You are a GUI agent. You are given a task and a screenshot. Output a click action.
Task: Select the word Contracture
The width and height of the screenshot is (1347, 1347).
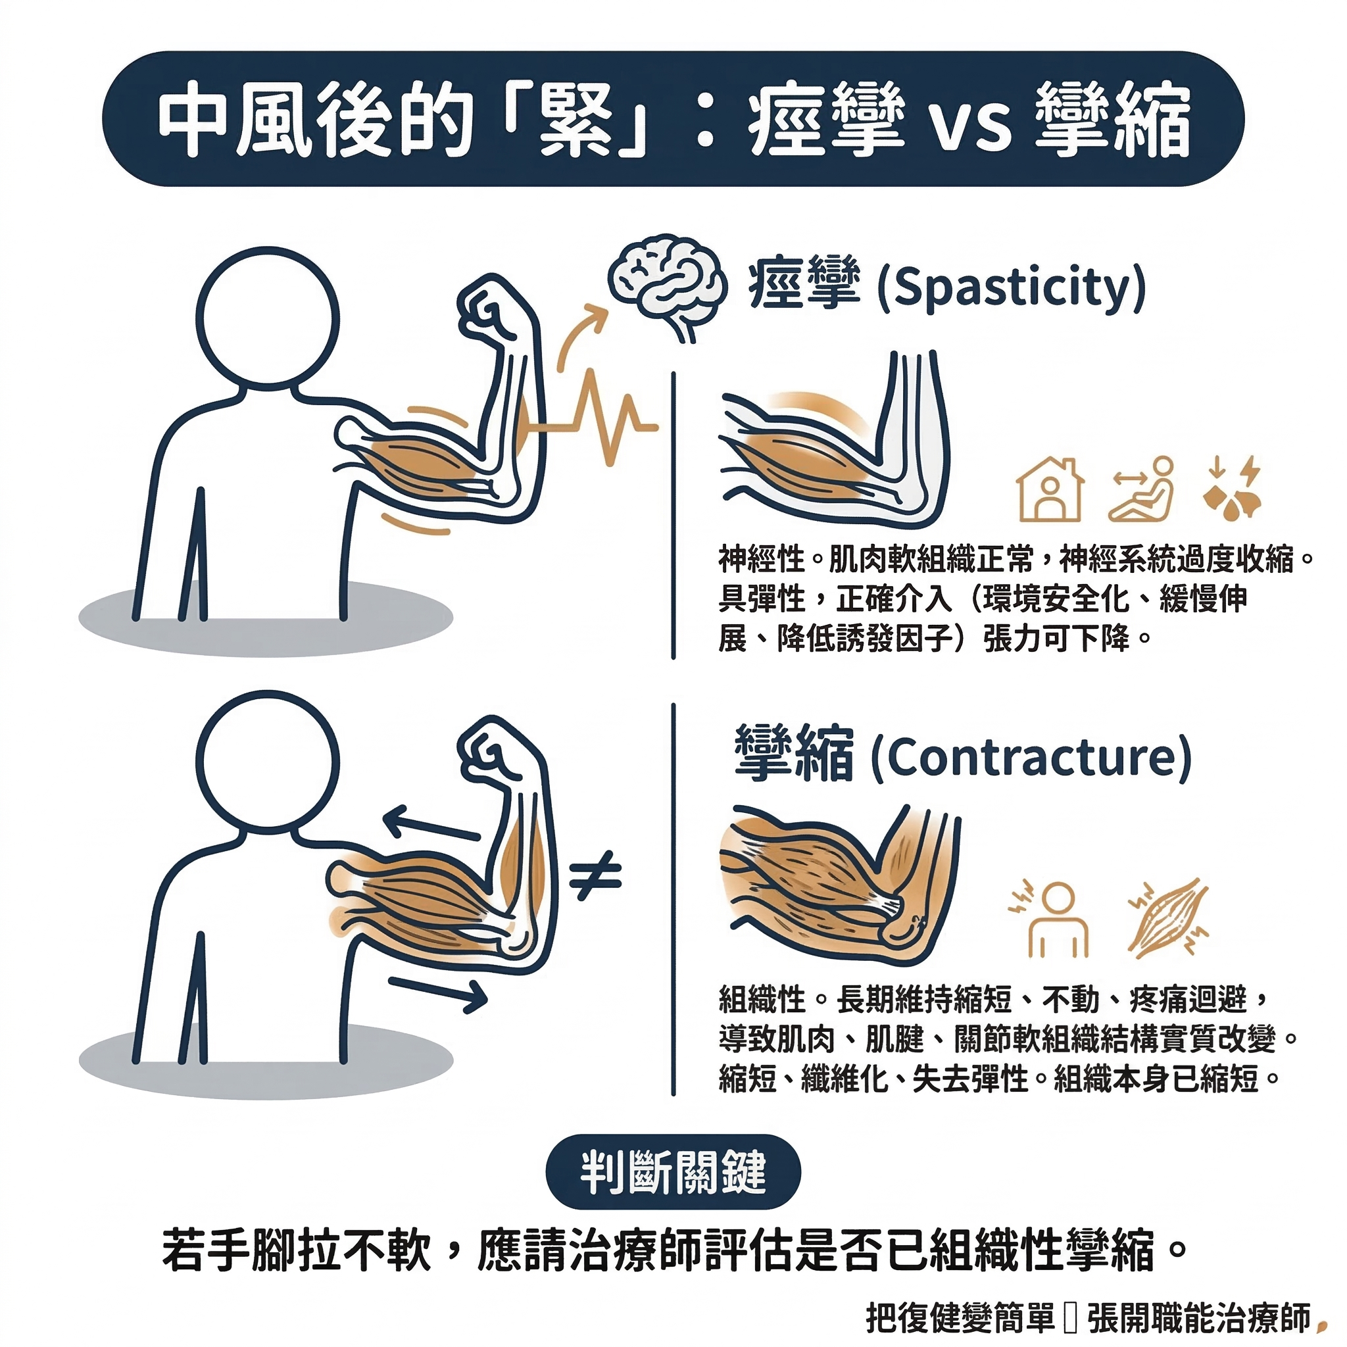point(1031,758)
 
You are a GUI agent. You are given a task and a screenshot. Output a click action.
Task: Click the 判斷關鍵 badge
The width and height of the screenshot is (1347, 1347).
point(673,1171)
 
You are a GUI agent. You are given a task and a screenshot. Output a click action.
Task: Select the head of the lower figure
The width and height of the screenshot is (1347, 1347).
point(267,764)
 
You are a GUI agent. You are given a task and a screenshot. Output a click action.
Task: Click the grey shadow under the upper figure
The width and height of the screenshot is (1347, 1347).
point(266,619)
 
